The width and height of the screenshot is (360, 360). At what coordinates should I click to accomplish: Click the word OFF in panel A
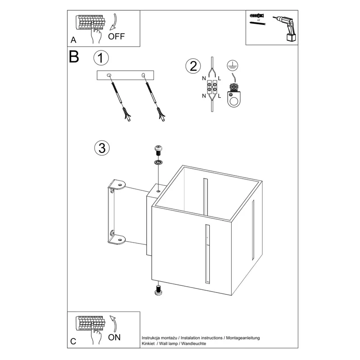pos(116,36)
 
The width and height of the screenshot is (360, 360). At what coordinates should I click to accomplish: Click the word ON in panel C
pos(114,337)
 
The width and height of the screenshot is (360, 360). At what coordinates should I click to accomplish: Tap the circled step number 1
pos(101,58)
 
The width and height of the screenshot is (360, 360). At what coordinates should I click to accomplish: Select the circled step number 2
pos(193,66)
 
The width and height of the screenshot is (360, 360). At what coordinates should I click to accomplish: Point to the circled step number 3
pos(102,148)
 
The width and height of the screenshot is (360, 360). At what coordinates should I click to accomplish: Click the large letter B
pos(74,57)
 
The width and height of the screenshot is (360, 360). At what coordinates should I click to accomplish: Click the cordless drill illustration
pos(285,29)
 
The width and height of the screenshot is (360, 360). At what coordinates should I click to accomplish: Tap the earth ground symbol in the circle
pos(233,65)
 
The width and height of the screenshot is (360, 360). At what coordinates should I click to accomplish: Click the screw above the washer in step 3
pos(158,151)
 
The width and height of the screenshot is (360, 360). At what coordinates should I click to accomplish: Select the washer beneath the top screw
pos(158,162)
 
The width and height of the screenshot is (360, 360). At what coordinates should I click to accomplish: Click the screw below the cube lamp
pos(158,290)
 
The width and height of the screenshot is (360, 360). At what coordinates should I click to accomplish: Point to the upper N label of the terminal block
pos(204,78)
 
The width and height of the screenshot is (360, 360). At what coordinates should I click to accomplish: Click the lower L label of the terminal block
pos(220,96)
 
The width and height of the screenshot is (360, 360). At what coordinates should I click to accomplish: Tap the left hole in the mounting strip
pos(109,75)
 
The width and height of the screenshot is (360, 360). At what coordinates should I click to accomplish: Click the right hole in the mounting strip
pos(144,75)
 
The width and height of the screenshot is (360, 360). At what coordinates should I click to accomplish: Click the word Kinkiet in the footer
pos(148,343)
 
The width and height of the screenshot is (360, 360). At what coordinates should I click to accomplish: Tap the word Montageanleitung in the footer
pos(243,338)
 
